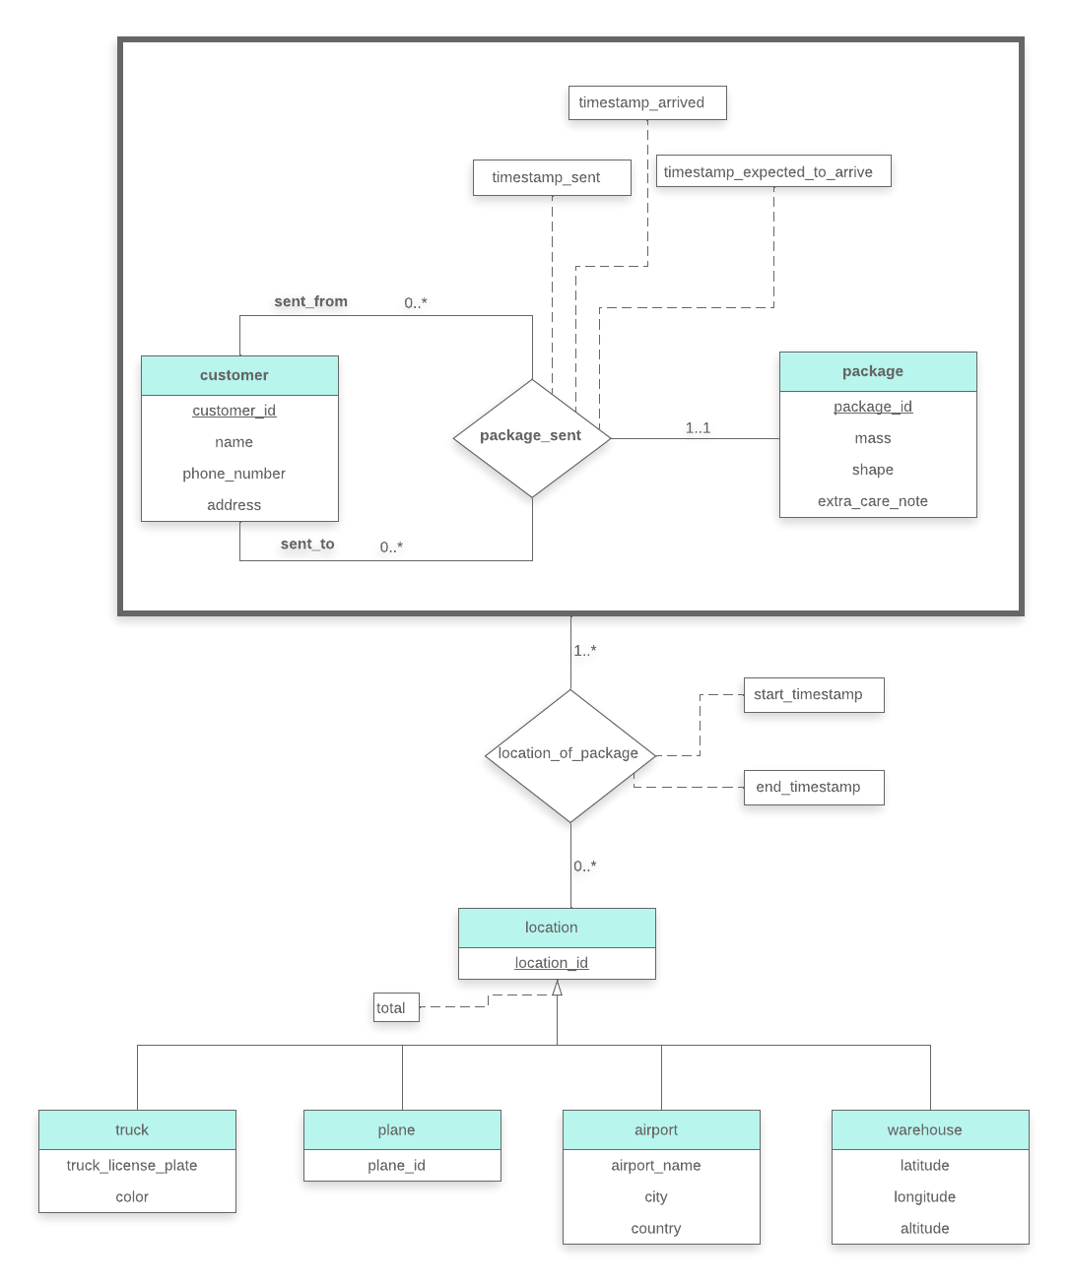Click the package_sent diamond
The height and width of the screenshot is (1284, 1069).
coord(531,436)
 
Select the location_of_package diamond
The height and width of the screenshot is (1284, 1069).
coord(569,754)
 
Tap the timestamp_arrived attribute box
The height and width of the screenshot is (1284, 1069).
coord(646,103)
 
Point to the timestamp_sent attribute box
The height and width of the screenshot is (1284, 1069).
coord(551,178)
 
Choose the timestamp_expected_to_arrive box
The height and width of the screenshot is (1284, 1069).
coord(772,172)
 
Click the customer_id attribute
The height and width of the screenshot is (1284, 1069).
coord(234,412)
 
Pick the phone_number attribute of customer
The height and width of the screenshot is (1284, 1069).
coord(234,475)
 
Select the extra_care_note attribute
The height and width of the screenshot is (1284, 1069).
coord(873,502)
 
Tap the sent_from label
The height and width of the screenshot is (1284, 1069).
coord(310,302)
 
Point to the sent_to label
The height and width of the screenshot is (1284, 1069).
coord(307,545)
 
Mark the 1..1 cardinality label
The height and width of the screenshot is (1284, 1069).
coord(698,428)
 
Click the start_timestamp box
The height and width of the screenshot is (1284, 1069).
coord(813,695)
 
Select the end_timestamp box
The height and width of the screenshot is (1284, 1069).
coord(813,788)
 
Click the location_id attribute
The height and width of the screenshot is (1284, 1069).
coord(552,964)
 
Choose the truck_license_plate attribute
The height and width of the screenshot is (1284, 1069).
coord(132,1167)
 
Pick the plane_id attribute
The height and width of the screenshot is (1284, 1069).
coord(397,1167)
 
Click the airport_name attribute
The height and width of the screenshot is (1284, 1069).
coord(656,1167)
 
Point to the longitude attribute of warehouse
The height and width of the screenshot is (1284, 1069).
coord(925,1198)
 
